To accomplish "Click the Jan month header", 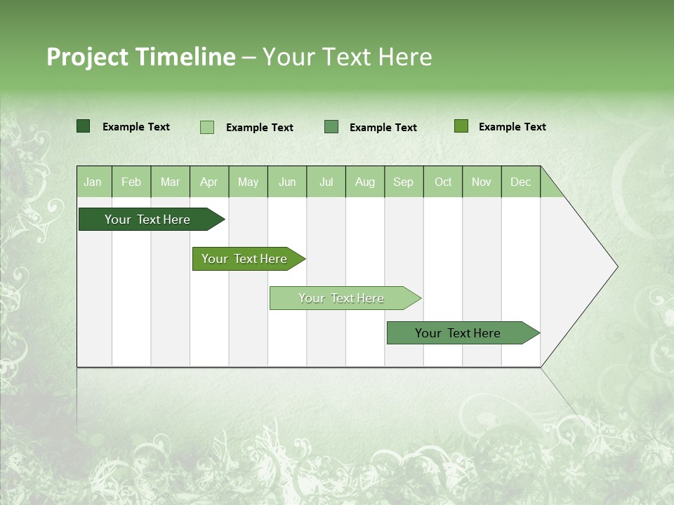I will click(93, 182).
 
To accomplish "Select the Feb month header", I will click(131, 182).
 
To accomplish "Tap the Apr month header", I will click(209, 182).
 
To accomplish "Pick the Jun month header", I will click(287, 182).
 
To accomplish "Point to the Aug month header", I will click(364, 182).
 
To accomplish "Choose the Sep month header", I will click(403, 182).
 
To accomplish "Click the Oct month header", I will click(443, 182).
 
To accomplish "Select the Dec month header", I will click(520, 182).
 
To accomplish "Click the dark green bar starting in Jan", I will click(148, 220).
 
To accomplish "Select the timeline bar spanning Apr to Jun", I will click(245, 259).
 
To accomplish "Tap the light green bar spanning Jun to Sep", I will click(342, 298).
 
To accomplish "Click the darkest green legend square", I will click(83, 126).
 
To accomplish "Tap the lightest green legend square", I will click(206, 127).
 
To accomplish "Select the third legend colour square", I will click(331, 126).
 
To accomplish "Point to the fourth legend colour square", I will click(461, 126).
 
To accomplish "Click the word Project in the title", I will click(87, 57).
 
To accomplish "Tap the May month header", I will click(248, 182).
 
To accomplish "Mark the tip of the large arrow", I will click(616, 267).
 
